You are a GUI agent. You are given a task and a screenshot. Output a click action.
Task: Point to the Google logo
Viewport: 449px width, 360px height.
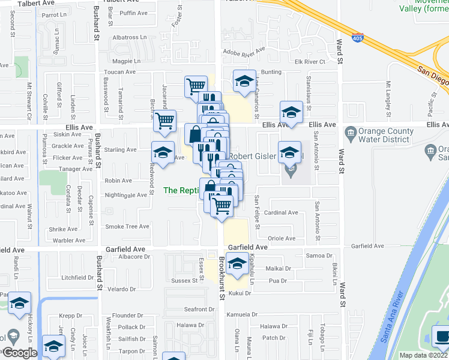[20, 353]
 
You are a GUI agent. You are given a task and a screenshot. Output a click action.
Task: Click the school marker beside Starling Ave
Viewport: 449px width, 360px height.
[163, 153]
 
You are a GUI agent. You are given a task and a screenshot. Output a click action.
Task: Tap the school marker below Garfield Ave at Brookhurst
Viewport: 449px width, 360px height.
[238, 263]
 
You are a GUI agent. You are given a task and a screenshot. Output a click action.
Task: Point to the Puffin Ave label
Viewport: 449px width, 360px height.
[133, 13]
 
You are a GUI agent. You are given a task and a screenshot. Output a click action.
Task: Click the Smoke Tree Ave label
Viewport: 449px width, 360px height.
[127, 226]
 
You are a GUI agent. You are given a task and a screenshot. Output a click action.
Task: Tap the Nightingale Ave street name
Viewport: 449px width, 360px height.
[126, 195]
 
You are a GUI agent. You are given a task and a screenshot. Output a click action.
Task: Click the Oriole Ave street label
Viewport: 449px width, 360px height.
[282, 238]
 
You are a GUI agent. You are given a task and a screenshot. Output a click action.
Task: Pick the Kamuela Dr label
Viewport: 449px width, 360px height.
[243, 314]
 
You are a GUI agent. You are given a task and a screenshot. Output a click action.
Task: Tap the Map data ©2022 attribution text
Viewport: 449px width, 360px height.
[423, 355]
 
